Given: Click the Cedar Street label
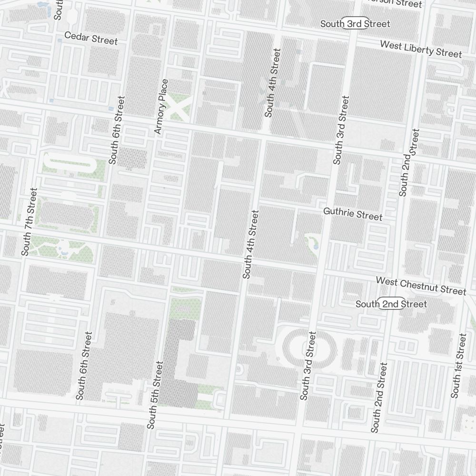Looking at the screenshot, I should [90, 38].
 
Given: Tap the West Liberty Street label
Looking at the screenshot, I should [421, 49].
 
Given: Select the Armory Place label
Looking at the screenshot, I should [161, 107].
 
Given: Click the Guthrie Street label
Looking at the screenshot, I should [352, 214].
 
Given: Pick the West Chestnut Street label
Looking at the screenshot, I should [421, 286].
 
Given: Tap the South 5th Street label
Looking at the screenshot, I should [155, 395].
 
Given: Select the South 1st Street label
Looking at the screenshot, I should [459, 366].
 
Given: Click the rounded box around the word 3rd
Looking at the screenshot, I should [355, 24].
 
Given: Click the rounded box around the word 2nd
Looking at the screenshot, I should [391, 304].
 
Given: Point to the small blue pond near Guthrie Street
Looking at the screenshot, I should [315, 246].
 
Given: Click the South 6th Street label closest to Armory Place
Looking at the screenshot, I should [116, 130].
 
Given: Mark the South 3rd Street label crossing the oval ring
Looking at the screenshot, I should [307, 366].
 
